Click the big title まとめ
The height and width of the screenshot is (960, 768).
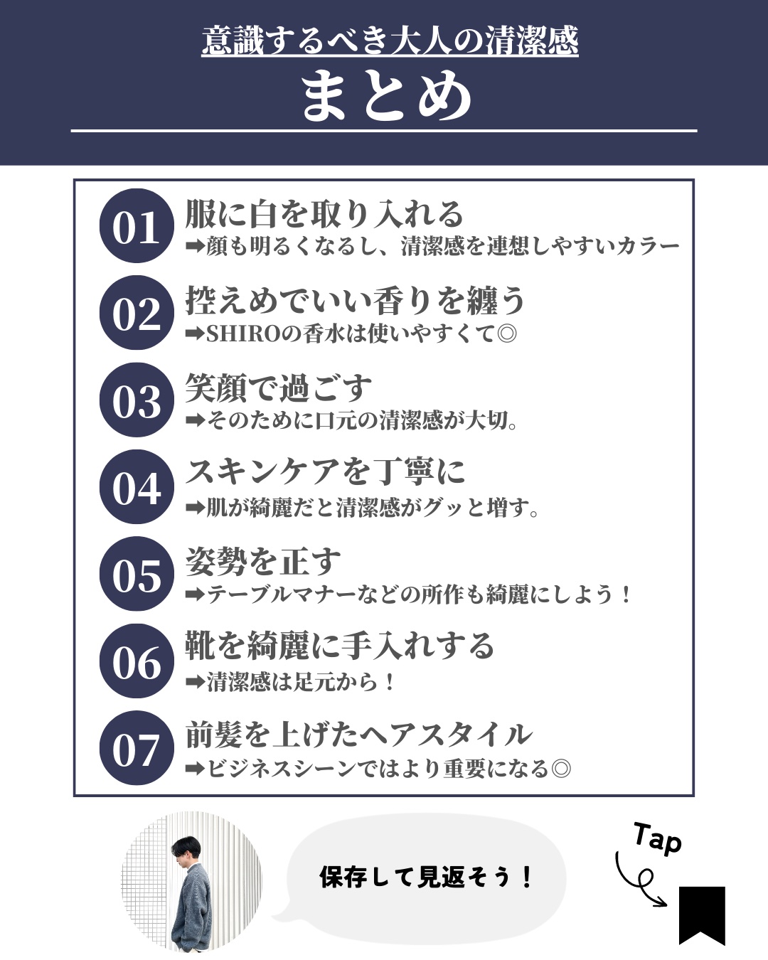pos(386,97)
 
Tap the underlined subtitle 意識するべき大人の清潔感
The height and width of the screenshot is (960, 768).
pos(390,41)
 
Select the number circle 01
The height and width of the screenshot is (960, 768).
pos(137,225)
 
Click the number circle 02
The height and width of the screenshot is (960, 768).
pos(137,313)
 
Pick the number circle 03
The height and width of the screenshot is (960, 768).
pos(137,400)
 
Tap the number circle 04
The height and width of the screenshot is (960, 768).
pos(137,486)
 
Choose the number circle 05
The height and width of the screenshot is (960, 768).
pos(137,574)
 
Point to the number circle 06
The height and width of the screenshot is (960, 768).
pos(137,661)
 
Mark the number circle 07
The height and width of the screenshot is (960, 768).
pos(137,748)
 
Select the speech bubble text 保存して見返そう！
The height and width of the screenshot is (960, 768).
pos(426,877)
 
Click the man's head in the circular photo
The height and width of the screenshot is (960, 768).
pos(186,852)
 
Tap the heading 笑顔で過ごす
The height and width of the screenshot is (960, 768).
pos(279,388)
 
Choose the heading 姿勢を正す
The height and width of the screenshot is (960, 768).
pos(263,562)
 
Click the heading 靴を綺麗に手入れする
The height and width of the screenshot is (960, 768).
pos(340,646)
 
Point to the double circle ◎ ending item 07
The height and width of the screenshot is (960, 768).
pos(561,768)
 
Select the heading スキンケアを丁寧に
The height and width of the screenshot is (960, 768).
pos(325,472)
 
